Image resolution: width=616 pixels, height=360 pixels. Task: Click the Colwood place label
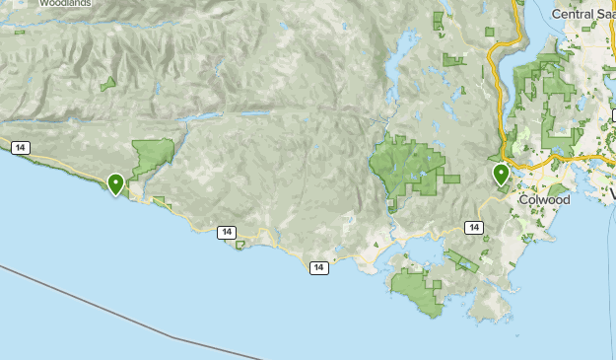[x=544, y=199]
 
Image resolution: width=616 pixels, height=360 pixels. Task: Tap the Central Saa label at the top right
[x=583, y=14]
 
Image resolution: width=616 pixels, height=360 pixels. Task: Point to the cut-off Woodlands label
[x=66, y=3]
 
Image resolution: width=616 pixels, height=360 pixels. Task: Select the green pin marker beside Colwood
[x=501, y=176]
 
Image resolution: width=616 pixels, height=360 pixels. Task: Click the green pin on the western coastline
[x=115, y=183]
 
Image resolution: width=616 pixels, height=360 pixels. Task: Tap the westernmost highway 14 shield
[x=21, y=148]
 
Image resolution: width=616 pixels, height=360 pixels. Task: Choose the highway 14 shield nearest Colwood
[x=474, y=228]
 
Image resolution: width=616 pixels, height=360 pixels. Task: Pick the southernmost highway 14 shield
[x=317, y=267]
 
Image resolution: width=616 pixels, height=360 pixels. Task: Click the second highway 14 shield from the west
[x=228, y=233]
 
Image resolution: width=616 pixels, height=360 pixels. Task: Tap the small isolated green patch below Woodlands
[x=107, y=84]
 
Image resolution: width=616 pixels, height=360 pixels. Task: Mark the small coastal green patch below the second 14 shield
[x=240, y=245]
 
